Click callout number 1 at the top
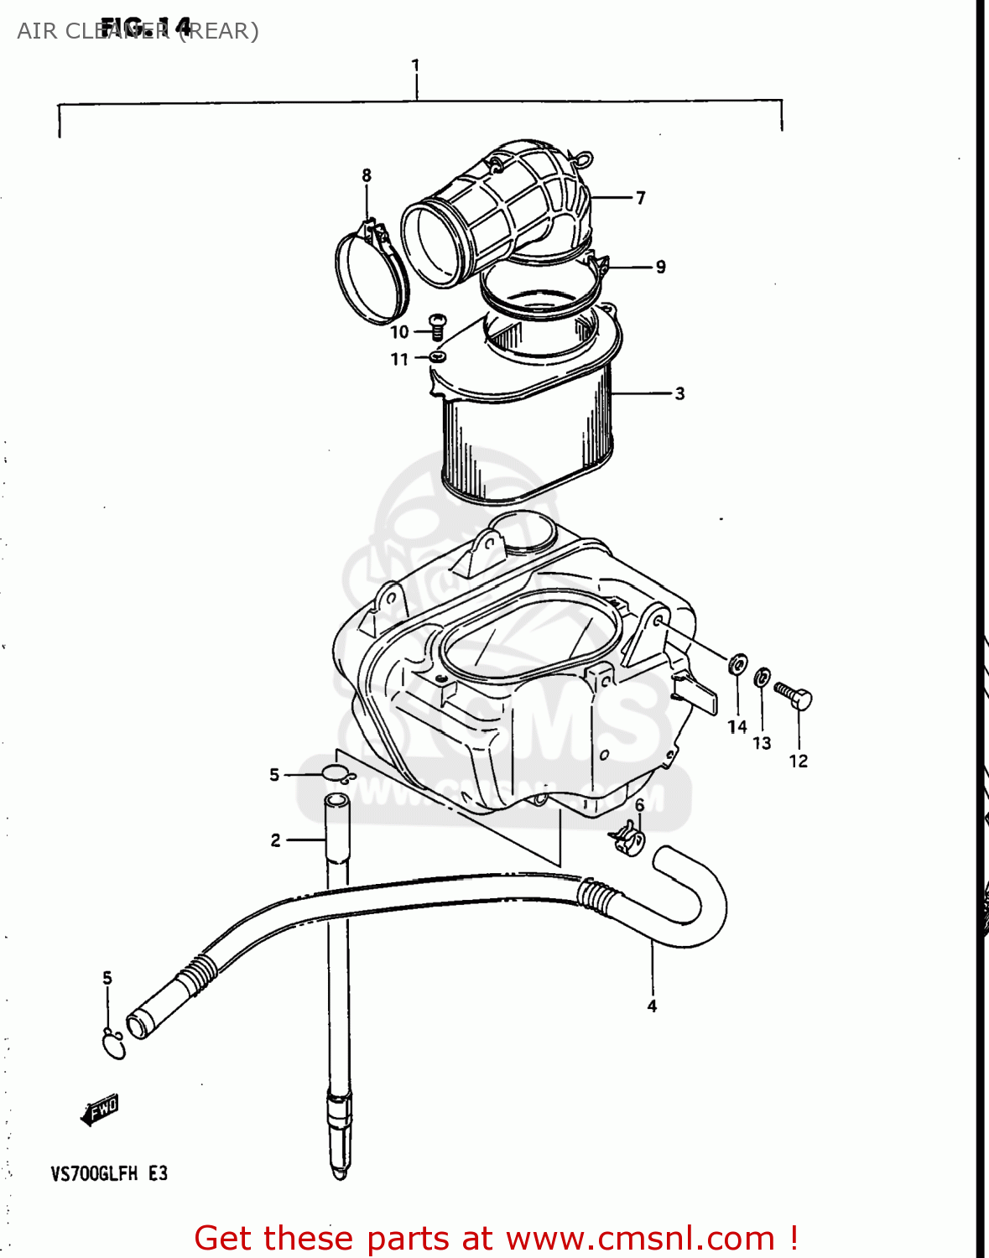tap(415, 65)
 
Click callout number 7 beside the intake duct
tap(640, 198)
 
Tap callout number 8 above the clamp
tap(367, 175)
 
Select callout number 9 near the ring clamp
tap(661, 267)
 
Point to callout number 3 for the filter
tap(679, 393)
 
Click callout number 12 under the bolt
tap(798, 762)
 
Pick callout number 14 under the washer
tap(737, 727)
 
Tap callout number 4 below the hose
tap(652, 1006)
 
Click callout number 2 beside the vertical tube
tap(275, 840)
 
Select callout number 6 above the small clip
tap(639, 805)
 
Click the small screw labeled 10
tap(436, 325)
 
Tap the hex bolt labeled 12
tap(794, 695)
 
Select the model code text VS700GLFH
tap(94, 1173)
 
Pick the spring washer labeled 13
tap(762, 677)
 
